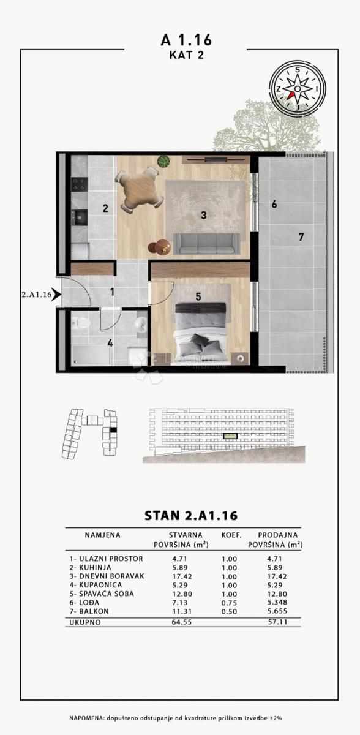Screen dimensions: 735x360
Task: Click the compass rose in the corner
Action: click(x=298, y=89)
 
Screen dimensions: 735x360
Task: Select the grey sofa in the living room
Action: click(x=207, y=243)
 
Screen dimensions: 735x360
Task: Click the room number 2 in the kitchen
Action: click(x=105, y=208)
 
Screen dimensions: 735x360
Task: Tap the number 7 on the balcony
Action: click(x=301, y=237)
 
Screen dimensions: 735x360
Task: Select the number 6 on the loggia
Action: click(x=274, y=204)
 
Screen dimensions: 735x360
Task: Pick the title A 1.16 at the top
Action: click(x=186, y=40)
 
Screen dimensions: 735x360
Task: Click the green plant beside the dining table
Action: click(x=163, y=162)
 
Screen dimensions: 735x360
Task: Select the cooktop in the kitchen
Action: click(x=79, y=184)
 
